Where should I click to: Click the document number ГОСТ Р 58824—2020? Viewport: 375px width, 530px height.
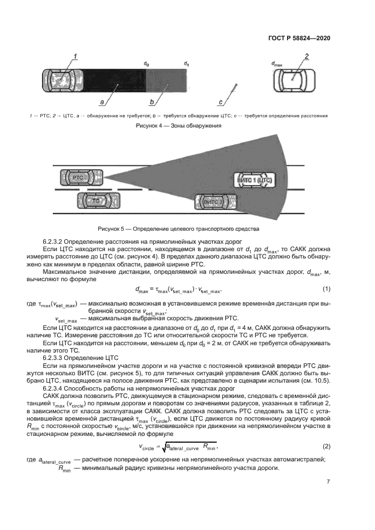pos(298,38)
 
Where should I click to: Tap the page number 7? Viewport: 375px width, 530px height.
pos(328,482)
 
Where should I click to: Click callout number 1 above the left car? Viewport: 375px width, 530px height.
pos(74,56)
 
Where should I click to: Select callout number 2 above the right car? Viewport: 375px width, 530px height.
pos(306,56)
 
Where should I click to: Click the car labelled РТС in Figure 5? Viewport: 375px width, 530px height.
pos(78,178)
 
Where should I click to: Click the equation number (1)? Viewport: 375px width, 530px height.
pos(326,290)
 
